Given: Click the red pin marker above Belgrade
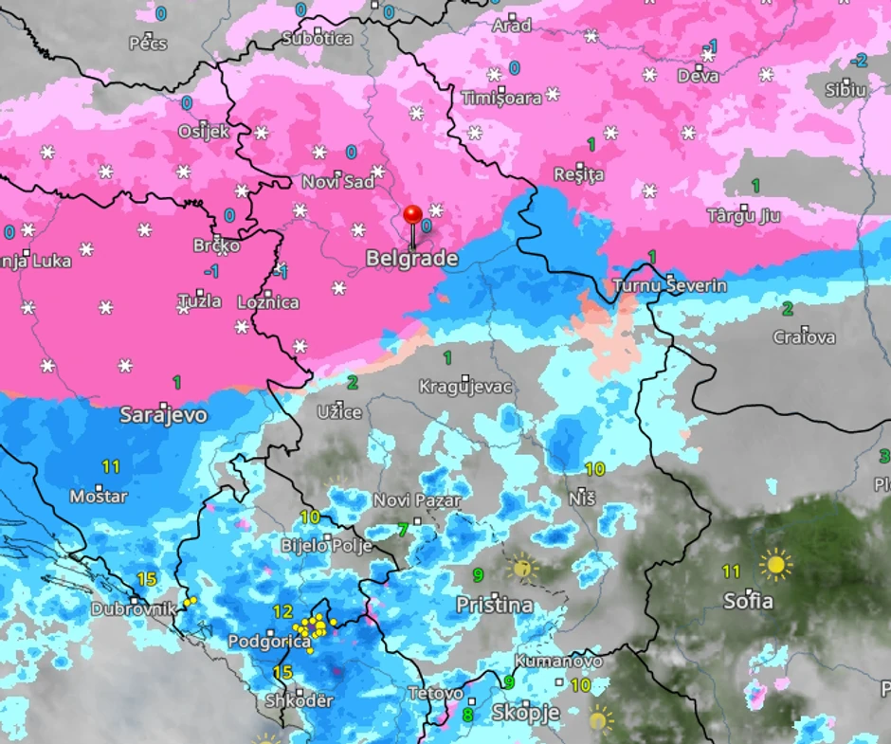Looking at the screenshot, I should tap(412, 215).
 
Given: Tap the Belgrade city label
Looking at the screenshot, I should tap(412, 259).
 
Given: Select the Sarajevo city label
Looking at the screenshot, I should tap(164, 415).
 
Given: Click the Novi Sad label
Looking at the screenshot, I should tap(338, 181).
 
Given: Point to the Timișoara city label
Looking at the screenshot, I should tap(501, 98).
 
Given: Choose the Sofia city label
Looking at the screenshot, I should tap(748, 601).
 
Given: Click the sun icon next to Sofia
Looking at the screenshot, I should tap(776, 565).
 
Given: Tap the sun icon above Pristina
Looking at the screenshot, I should tap(520, 568).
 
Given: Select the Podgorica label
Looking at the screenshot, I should tap(269, 642).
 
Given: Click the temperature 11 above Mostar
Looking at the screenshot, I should tap(112, 466).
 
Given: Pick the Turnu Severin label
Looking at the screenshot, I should tap(670, 285).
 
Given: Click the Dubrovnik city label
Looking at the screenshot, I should tap(134, 609).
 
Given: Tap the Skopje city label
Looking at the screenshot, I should tap(526, 712).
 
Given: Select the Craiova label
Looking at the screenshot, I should tap(804, 336).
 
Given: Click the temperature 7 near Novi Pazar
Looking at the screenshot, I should tap(403, 529).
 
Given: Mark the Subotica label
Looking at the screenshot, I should tap(318, 39).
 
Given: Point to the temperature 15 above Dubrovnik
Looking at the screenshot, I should tap(146, 579).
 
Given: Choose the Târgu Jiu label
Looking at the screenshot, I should tap(744, 216).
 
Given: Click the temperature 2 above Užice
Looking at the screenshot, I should tap(353, 383).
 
